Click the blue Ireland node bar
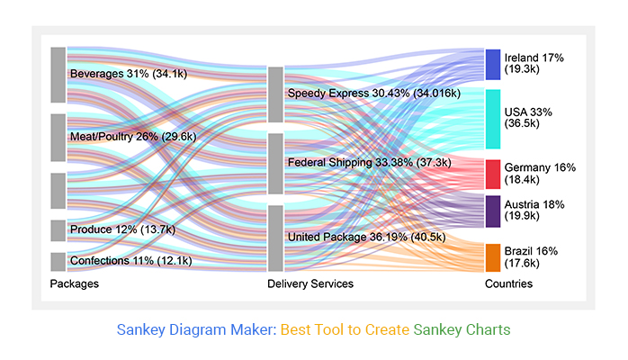(493, 64)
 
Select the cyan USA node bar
(493, 119)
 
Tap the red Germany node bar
(493, 174)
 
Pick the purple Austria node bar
(493, 211)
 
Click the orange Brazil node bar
(493, 257)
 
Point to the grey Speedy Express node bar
(275, 94)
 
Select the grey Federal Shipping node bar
(275, 163)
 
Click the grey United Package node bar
(275, 238)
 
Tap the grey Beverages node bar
(58, 75)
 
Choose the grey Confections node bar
(58, 262)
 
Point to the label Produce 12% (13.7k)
(122, 230)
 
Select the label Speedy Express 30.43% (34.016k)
(373, 94)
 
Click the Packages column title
(75, 284)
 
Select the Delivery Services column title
(310, 284)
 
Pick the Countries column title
(508, 284)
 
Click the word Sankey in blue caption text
(144, 329)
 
